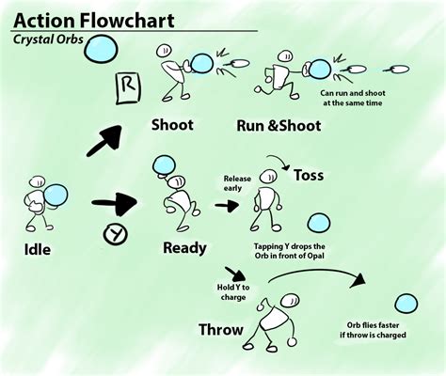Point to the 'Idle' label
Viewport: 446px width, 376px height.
[38, 249]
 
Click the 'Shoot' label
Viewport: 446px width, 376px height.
[172, 125]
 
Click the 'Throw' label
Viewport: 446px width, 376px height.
[221, 330]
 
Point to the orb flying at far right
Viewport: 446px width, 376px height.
[406, 304]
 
